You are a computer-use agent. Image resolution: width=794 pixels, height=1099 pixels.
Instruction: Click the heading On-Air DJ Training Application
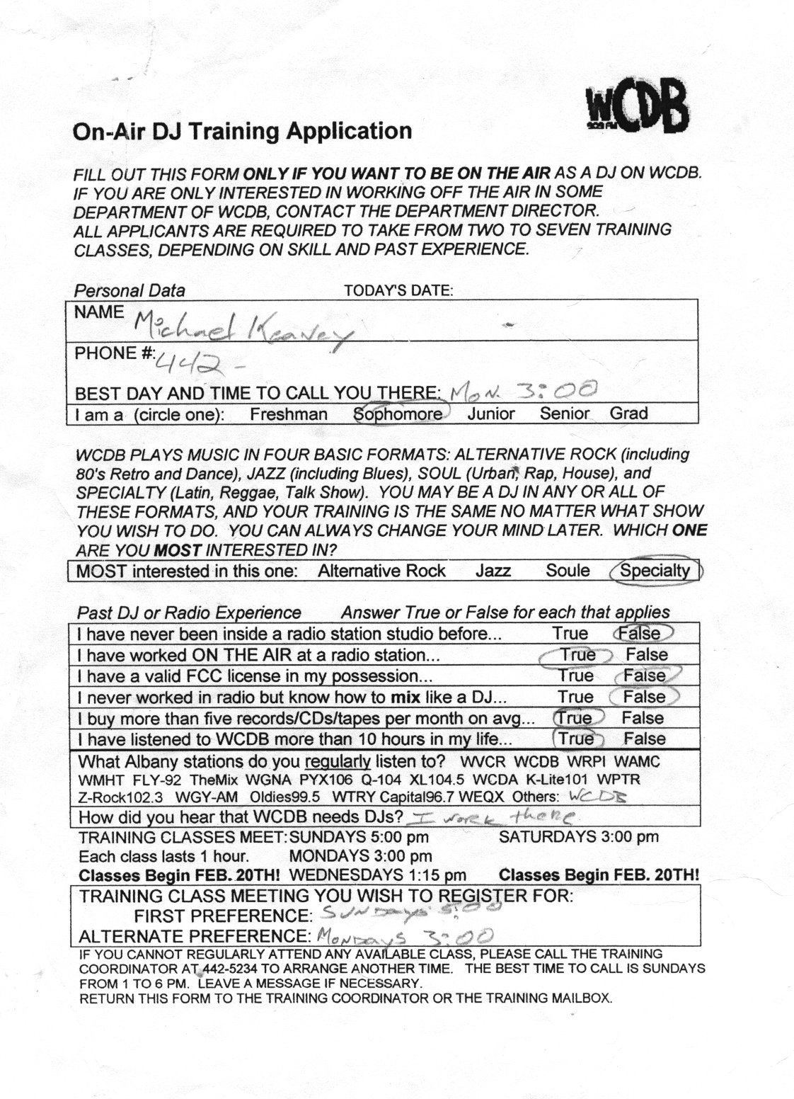[x=242, y=132]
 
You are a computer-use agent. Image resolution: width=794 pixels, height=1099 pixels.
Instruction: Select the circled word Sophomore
[x=399, y=414]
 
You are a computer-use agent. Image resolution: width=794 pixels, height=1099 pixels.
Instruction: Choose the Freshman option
[x=288, y=414]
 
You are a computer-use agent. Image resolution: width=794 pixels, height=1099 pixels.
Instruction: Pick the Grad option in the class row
[x=628, y=413]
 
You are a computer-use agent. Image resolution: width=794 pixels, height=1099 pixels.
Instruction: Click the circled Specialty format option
[x=655, y=571]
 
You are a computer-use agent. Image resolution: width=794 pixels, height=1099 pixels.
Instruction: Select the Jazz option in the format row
[x=493, y=571]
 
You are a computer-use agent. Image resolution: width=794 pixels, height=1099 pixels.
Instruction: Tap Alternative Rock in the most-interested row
[x=382, y=571]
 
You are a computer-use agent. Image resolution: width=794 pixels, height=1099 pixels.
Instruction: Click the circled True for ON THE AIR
[x=577, y=655]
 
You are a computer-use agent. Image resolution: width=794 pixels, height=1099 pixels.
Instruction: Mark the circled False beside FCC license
[x=645, y=676]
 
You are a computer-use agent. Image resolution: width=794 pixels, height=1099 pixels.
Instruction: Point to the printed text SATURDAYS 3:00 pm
[x=579, y=837]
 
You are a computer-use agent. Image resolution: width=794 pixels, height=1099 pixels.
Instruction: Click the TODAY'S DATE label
[x=398, y=290]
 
